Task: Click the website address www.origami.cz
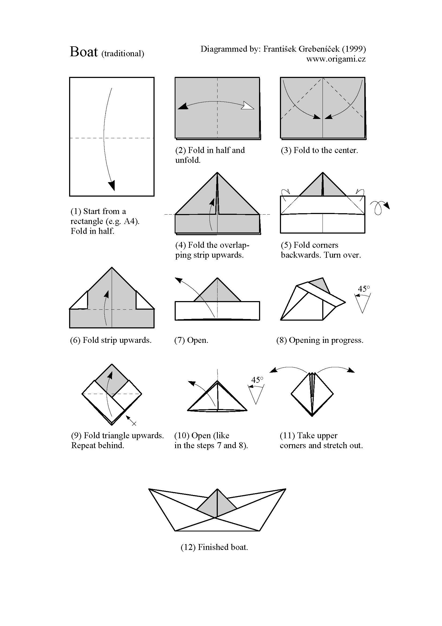coord(336,59)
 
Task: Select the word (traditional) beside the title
coord(123,54)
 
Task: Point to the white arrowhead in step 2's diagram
coord(248,106)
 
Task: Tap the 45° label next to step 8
coord(364,289)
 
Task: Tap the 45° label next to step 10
coord(257,380)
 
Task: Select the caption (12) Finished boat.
coord(214,547)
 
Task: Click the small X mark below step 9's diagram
coord(134,423)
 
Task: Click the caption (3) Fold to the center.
coord(319,150)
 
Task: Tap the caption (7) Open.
coord(191,340)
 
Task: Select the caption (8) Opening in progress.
coord(320,340)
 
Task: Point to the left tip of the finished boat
coord(149,489)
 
